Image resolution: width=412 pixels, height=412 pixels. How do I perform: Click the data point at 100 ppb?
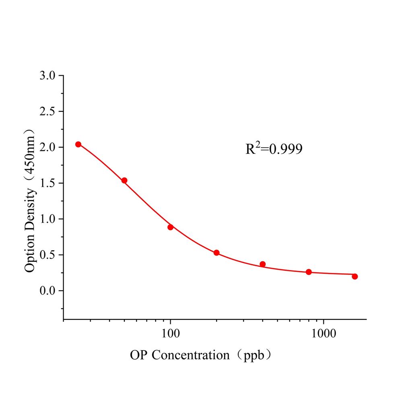click(171, 227)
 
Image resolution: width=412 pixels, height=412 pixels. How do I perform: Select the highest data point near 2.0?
click(78, 144)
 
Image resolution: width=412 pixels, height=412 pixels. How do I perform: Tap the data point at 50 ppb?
click(124, 180)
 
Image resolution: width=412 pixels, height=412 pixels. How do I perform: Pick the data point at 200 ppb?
click(216, 253)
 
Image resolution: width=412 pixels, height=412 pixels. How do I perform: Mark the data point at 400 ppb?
click(263, 264)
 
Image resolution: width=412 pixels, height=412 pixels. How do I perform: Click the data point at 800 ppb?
click(309, 272)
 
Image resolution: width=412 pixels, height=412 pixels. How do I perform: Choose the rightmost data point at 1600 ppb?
click(354, 276)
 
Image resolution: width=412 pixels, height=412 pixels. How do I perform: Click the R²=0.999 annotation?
click(274, 150)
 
